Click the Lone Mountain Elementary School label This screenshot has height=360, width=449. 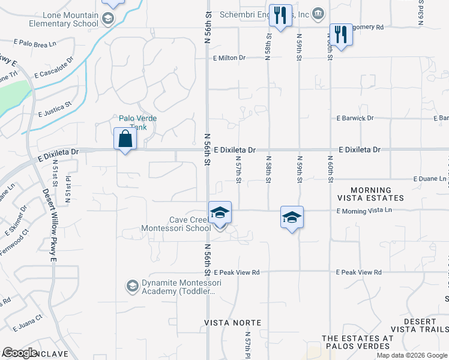coord(64,19)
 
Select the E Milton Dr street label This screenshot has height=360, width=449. coord(229,58)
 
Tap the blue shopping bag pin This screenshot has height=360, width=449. coord(125,139)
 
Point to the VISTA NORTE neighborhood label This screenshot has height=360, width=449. coord(233,323)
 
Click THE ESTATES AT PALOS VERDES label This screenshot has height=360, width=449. coord(358,342)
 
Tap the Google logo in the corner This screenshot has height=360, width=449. coord(20,353)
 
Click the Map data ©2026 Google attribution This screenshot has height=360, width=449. coord(411,355)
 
